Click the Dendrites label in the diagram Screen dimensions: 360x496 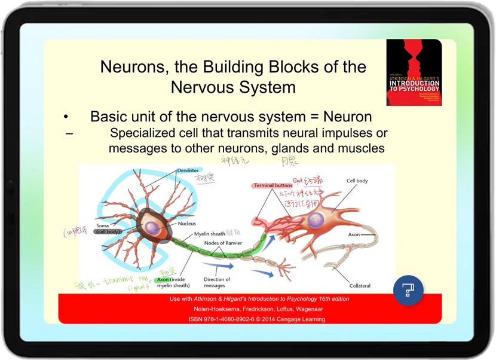click(x=188, y=170)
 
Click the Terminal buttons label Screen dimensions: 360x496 click(x=273, y=186)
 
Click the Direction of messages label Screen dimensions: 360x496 click(x=216, y=282)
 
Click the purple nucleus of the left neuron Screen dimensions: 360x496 click(x=154, y=227)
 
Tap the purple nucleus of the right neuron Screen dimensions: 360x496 click(x=317, y=219)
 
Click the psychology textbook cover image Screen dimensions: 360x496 click(x=414, y=72)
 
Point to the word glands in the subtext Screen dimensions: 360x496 click(x=291, y=148)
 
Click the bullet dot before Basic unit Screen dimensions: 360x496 click(x=67, y=117)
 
